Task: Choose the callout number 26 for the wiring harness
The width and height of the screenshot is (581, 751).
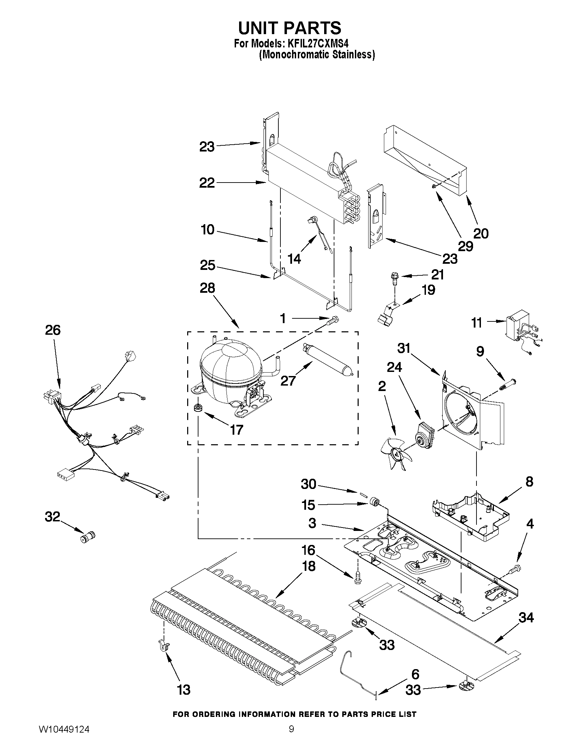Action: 53,330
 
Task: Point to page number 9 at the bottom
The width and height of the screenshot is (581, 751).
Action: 291,737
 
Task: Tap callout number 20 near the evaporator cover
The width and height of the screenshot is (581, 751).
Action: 481,234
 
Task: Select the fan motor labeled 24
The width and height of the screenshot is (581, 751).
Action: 425,435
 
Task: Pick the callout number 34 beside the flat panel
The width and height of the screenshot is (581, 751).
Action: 526,618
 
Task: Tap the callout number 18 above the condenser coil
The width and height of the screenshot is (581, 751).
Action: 309,566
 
